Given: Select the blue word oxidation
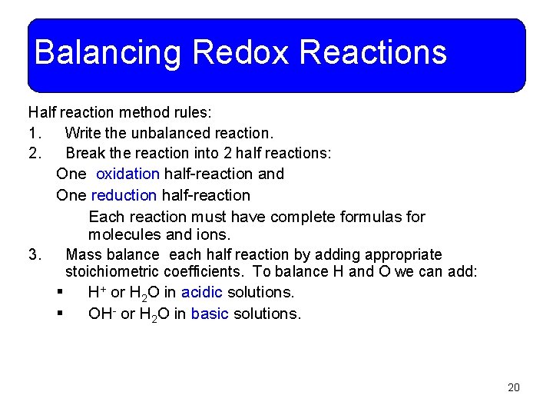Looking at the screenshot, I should pos(127,174).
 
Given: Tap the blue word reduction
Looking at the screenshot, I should pos(124,195).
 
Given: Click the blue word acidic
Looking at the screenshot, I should pos(201,292).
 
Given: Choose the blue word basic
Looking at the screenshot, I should pos(210,314).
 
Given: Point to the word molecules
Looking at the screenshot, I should pos(124,234).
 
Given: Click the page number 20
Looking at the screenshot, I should pos(514,387).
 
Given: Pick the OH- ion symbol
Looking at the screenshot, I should pos(101,314).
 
